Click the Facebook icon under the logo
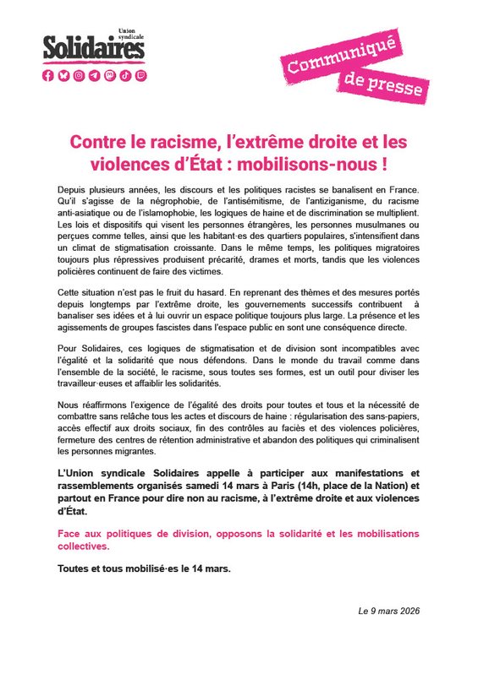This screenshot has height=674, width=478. tap(49, 75)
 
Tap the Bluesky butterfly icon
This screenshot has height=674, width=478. tap(63, 75)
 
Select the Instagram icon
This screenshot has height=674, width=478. tap(79, 75)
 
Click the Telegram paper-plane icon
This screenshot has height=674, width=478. tap(94, 75)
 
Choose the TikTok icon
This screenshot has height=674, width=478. tap(124, 75)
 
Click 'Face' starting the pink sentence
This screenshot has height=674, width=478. tap(69, 535)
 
